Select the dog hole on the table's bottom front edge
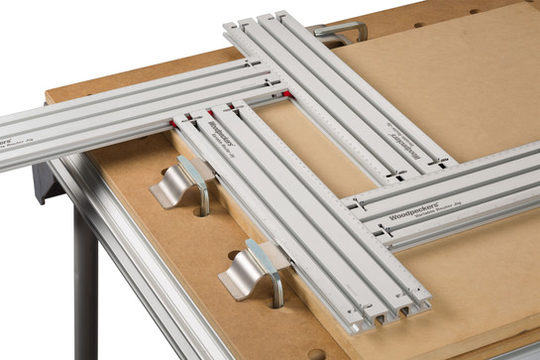pos(315,353)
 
